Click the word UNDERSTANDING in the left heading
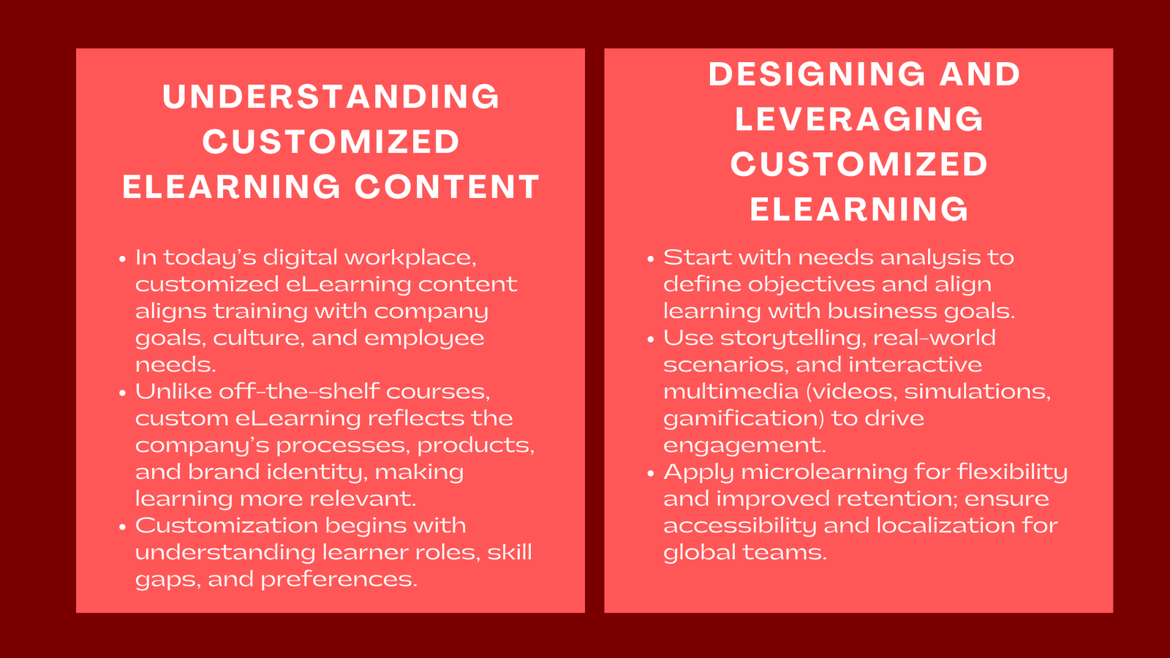331,97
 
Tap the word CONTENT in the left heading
447,187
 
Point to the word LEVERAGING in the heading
859,120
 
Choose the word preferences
339,579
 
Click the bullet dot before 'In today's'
122,259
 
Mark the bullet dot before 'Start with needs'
650,259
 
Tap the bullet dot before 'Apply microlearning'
650,473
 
